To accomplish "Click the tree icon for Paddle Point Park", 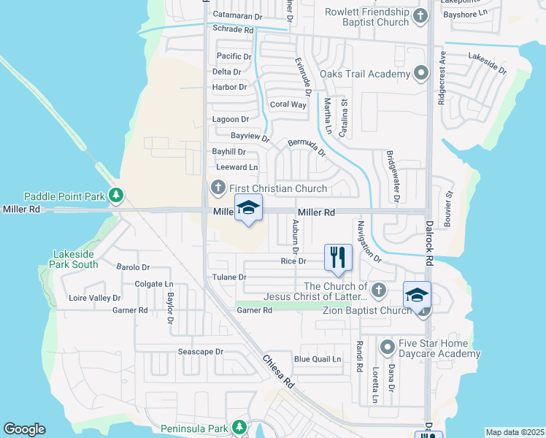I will pyautogui.click(x=115, y=196).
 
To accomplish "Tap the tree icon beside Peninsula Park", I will pyautogui.click(x=239, y=426).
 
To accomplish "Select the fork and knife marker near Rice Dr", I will pyautogui.click(x=338, y=257).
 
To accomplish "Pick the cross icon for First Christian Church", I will pyautogui.click(x=218, y=188).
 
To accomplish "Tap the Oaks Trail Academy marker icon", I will pyautogui.click(x=421, y=74).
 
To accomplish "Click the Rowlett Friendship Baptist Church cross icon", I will pyautogui.click(x=420, y=16).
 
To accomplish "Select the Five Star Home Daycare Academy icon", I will pyautogui.click(x=387, y=346).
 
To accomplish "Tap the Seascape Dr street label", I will pyautogui.click(x=201, y=351).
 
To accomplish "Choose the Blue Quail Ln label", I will pyautogui.click(x=318, y=359).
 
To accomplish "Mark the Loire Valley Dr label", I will pyautogui.click(x=94, y=298).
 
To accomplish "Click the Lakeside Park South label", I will pyautogui.click(x=75, y=259).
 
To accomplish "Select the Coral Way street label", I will pyautogui.click(x=288, y=104).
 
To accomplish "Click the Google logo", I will pyautogui.click(x=24, y=429).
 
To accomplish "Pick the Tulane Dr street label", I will pyautogui.click(x=229, y=277).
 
